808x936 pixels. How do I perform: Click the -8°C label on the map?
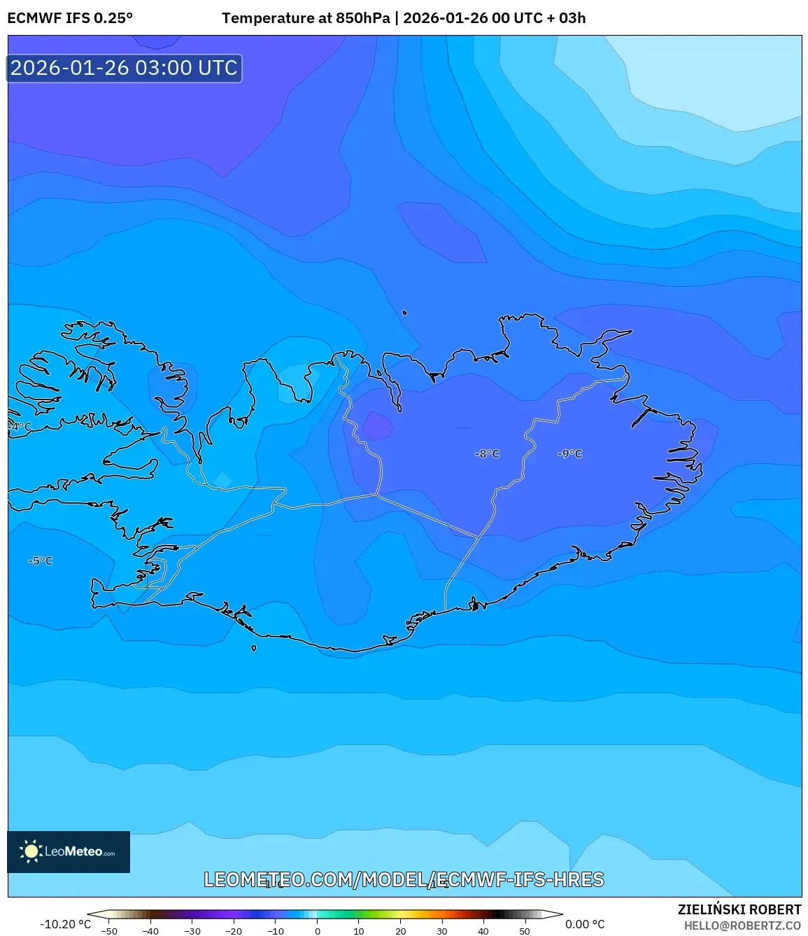(x=487, y=454)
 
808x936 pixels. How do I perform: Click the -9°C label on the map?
(x=569, y=454)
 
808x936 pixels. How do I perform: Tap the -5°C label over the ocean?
(x=41, y=561)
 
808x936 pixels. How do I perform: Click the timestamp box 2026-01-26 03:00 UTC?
(x=125, y=69)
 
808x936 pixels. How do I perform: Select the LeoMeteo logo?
(x=69, y=851)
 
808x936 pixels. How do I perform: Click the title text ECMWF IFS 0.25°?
(x=70, y=18)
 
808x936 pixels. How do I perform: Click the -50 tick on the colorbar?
(x=109, y=931)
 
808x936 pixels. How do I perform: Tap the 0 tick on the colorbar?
(x=318, y=931)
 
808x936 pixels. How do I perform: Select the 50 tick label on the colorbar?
(x=525, y=931)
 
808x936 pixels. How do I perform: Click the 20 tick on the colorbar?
(x=400, y=931)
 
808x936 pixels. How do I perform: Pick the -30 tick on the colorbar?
(x=192, y=931)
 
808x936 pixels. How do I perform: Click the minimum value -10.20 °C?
(x=65, y=924)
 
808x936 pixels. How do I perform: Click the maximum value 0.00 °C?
(x=585, y=924)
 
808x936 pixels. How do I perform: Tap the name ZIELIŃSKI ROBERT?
(x=739, y=909)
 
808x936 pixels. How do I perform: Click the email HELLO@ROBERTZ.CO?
(x=742, y=926)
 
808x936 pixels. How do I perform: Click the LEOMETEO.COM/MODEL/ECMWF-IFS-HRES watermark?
(x=404, y=879)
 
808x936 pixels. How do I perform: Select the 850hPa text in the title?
(x=362, y=18)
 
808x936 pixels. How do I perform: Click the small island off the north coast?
(x=404, y=313)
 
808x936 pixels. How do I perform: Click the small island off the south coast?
(x=254, y=648)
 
